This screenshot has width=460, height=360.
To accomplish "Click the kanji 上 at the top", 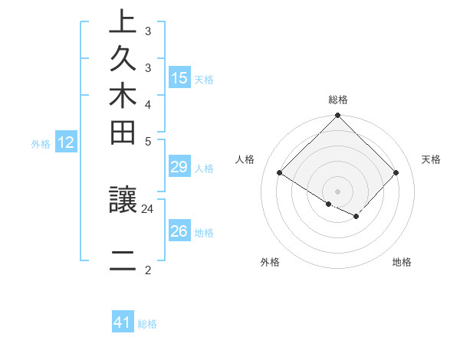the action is [x=123, y=22].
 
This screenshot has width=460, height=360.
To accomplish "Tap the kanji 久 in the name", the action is [x=123, y=60].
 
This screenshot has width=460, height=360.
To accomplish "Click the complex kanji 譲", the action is [x=123, y=201].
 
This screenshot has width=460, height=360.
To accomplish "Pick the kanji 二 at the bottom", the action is [x=123, y=261].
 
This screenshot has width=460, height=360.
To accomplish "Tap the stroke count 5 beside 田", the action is [x=148, y=141].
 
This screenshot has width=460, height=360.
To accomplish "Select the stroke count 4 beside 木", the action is [x=148, y=104].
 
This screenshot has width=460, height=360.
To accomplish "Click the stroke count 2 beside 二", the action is [x=148, y=269].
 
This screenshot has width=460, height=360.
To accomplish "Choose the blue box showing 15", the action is [x=179, y=78].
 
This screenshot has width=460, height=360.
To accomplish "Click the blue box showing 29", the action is [x=179, y=168].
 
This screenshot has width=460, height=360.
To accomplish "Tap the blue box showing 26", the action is [x=179, y=231].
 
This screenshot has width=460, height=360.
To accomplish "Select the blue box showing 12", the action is [x=66, y=142].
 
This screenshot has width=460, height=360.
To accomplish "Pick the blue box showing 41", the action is [x=123, y=322].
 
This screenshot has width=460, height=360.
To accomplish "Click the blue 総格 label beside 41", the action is [x=147, y=324].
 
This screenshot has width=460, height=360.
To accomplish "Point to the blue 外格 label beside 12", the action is [x=41, y=143].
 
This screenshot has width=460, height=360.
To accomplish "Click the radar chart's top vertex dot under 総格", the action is [x=337, y=116].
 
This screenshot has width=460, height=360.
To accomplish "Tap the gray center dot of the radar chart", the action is [x=337, y=191].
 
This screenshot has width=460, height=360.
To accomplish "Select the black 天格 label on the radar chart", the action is [x=431, y=159].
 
